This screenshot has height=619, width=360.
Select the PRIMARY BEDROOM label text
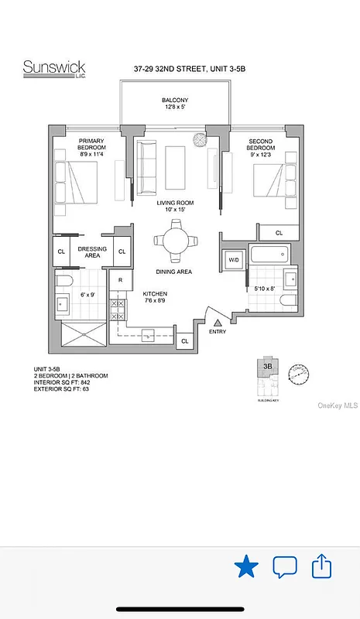coord(91,145)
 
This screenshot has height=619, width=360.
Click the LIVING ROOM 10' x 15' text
coord(175,207)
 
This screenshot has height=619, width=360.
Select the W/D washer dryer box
coord(233,259)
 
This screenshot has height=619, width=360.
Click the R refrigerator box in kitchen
coord(120,281)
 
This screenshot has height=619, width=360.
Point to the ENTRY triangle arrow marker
coord(218,321)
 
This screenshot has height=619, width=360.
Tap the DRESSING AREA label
coord(92,252)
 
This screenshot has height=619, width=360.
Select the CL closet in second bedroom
coord(279,231)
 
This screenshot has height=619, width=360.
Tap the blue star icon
coord(246,567)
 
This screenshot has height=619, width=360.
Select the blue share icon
coord(321,566)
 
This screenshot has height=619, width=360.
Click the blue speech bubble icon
coord(285,567)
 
